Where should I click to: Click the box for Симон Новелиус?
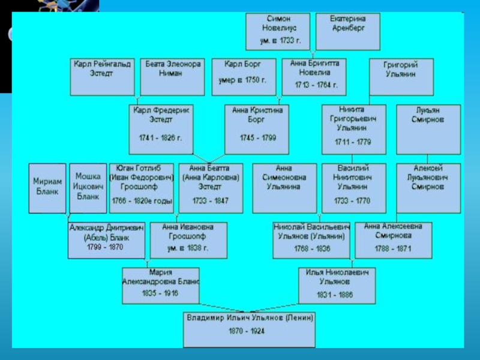tap(279, 31)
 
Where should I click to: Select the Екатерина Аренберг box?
tap(347, 31)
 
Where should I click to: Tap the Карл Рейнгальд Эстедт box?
tap(102, 77)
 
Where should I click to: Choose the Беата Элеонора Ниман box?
tap(172, 77)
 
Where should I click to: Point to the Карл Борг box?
tap(244, 77)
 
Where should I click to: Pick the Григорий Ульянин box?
tap(400, 77)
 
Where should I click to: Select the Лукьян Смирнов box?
tap(428, 129)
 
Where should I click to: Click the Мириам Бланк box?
tap(47, 188)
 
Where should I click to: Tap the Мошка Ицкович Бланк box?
tap(88, 188)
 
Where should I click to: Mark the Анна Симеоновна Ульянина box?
tap(284, 188)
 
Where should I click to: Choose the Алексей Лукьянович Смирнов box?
tap(428, 188)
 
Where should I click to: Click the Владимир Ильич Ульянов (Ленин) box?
tap(250, 329)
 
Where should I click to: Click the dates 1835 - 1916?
tap(160, 293)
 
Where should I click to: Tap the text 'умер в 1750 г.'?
tap(244, 80)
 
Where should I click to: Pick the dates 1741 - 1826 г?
tap(160, 137)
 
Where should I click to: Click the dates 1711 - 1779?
tap(353, 143)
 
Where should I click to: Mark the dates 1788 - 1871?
tap(393, 248)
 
